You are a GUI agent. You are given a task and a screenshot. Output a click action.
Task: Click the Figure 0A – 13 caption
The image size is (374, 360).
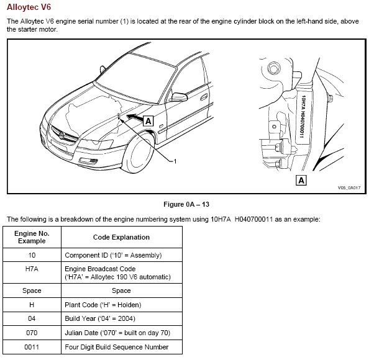click(x=186, y=204)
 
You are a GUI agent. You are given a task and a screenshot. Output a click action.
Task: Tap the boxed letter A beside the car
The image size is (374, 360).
click(x=148, y=122)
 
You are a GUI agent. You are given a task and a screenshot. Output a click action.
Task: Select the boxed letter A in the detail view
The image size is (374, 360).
click(x=301, y=181)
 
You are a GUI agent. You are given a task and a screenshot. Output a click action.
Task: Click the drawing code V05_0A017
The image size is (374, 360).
click(x=349, y=186)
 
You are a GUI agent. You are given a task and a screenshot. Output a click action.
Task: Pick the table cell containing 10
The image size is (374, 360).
click(x=32, y=255)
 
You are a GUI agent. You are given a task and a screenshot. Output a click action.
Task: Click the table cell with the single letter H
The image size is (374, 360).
click(x=32, y=305)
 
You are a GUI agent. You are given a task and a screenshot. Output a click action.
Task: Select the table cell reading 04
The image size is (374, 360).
click(x=32, y=319)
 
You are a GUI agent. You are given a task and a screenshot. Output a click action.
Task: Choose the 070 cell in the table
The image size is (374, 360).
click(x=32, y=333)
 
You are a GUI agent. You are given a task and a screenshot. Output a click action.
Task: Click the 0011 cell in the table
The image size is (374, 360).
click(x=32, y=348)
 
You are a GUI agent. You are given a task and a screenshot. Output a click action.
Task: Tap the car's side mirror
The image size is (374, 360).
click(x=180, y=97)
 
